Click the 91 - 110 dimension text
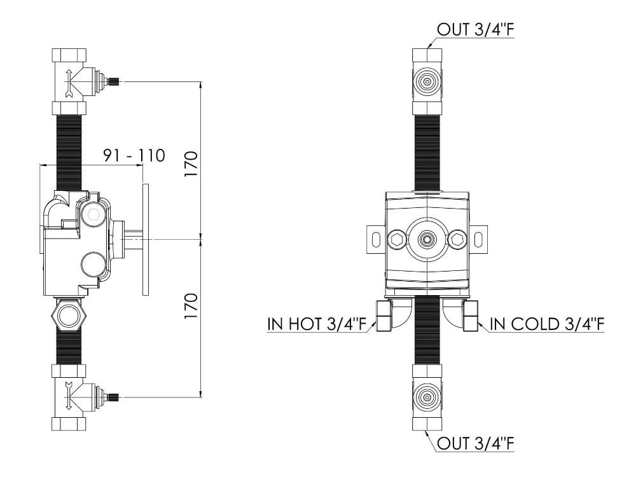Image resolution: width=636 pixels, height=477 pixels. [x=134, y=155]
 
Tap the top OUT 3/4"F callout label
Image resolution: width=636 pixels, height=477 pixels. [x=475, y=29]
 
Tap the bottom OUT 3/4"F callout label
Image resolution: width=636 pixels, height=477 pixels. [x=475, y=443]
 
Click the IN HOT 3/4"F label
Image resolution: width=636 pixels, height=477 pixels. [x=317, y=325]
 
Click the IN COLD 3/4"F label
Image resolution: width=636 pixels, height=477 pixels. [x=546, y=325]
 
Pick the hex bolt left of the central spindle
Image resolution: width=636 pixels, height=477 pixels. [x=396, y=240]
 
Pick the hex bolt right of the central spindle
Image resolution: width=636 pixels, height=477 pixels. [x=457, y=240]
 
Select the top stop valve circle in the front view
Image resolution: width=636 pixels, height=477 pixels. [x=427, y=81]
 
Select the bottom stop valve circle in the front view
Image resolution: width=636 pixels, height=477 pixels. [x=427, y=397]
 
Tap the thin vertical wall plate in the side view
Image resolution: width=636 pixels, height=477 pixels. [x=146, y=240]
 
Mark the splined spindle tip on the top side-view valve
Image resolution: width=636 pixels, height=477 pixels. [x=114, y=81]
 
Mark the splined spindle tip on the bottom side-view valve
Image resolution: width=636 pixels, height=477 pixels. [x=114, y=398]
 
